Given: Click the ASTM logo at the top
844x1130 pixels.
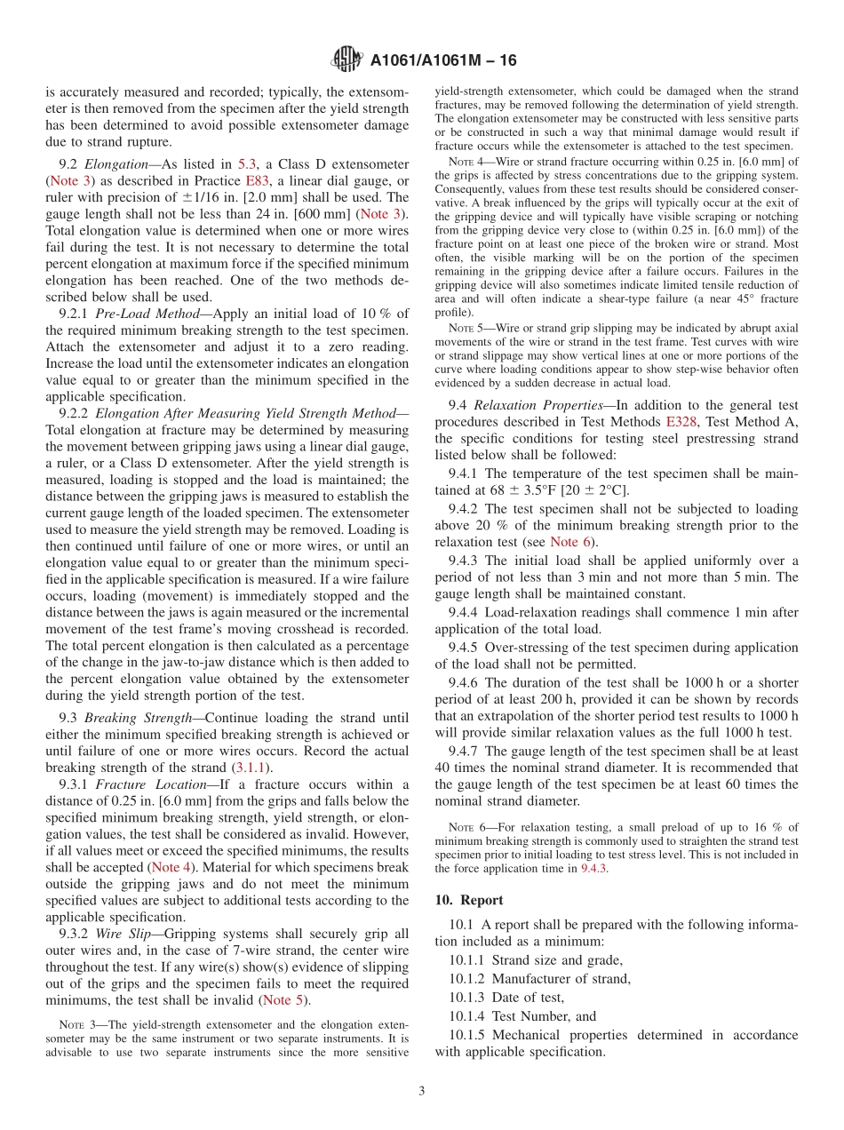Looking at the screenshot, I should (346, 60).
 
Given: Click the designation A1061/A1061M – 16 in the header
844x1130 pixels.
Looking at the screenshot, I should (442, 60).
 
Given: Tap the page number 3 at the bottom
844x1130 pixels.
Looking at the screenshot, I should (422, 1091).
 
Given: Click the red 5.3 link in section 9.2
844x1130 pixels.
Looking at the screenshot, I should (247, 164).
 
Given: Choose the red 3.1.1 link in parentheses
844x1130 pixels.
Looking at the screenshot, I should (252, 768).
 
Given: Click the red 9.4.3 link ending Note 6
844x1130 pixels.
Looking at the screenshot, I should (594, 869).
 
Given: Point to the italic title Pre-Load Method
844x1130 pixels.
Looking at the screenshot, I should (137, 314).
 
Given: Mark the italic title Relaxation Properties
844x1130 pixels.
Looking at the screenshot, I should (524, 406).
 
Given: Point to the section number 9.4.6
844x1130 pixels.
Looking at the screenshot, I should (463, 683).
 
